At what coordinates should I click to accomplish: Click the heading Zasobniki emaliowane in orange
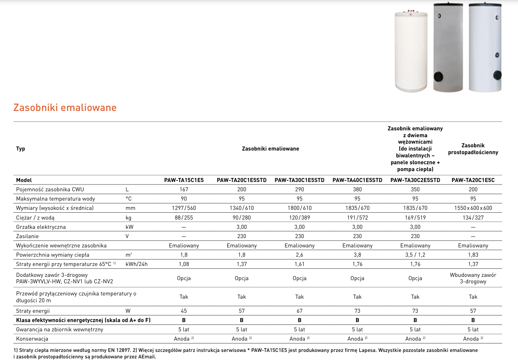tap(65, 108)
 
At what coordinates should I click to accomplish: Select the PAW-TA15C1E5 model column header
tap(184, 180)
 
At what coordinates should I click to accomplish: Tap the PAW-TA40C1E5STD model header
tap(357, 180)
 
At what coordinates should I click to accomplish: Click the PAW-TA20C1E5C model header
tap(473, 180)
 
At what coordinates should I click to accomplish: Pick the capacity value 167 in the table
tap(184, 189)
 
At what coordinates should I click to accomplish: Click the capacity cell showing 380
tap(357, 189)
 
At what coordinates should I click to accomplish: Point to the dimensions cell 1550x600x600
tap(473, 208)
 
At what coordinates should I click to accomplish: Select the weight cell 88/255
tap(184, 218)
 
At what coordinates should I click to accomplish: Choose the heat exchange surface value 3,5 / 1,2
tap(415, 255)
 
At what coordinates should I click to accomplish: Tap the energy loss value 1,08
tap(184, 264)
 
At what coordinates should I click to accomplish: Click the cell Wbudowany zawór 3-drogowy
tap(473, 278)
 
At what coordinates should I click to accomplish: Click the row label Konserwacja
tap(32, 339)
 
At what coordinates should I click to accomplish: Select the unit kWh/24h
tap(136, 264)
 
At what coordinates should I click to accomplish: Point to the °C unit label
tap(129, 199)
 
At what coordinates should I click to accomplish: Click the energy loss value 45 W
tap(184, 311)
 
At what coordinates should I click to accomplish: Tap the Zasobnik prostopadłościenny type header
tap(473, 149)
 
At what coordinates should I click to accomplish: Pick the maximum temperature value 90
tap(184, 199)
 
